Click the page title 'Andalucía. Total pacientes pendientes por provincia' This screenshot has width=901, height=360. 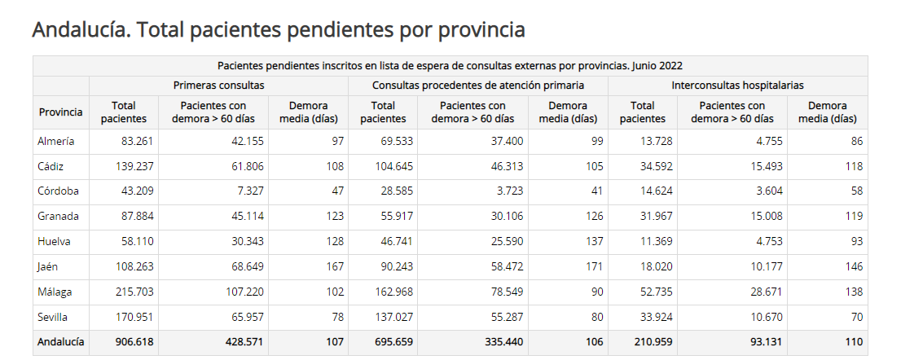coord(278,30)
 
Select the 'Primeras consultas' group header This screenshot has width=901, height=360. coord(218,85)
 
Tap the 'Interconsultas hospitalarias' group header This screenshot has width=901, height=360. coord(737,85)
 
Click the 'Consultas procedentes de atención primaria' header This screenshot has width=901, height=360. coord(477,85)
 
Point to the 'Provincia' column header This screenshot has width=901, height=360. coord(60,112)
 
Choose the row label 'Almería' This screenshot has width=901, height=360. coord(56,141)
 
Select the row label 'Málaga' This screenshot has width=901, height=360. coord(55,292)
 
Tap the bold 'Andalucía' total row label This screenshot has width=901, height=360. coord(60,342)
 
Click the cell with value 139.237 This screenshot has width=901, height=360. coord(134,166)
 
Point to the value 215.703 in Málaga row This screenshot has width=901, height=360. coord(134,292)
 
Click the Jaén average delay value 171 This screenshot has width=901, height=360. coord(594,266)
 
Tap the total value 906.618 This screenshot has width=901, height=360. coord(134,342)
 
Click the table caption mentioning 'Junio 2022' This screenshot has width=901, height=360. coord(450,65)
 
